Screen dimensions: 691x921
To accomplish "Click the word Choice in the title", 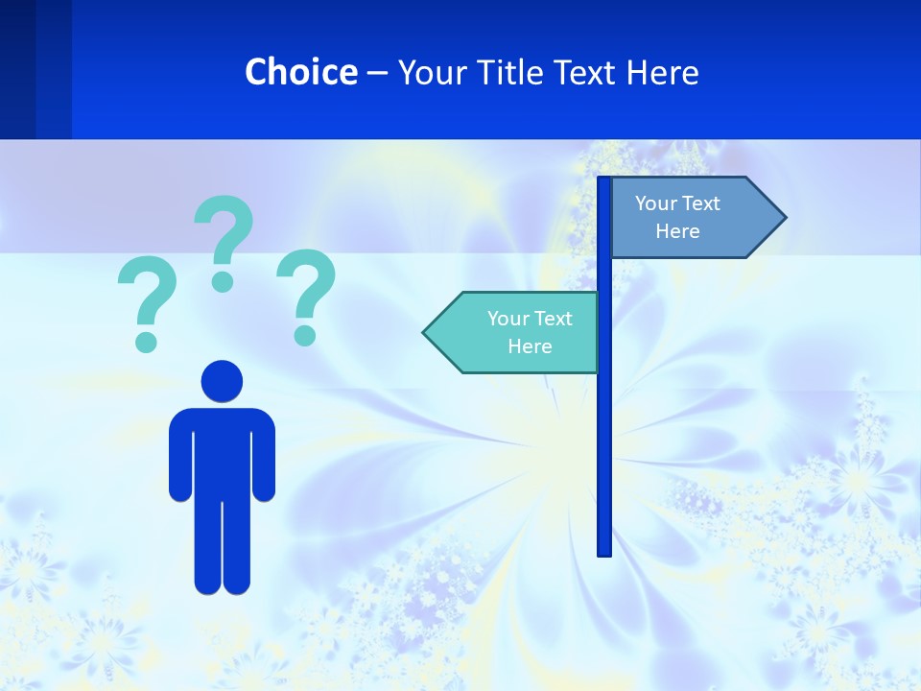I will tap(300, 72).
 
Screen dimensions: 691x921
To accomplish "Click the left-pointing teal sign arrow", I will tap(513, 332).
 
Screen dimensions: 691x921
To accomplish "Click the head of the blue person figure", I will tap(222, 381).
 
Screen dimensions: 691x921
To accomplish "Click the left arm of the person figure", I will tap(180, 456).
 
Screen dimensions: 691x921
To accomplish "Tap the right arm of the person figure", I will tap(264, 456).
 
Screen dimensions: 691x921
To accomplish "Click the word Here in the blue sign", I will tap(677, 231).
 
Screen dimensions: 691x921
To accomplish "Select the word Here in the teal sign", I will tap(530, 346).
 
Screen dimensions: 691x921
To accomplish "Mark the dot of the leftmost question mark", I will tap(146, 341).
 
